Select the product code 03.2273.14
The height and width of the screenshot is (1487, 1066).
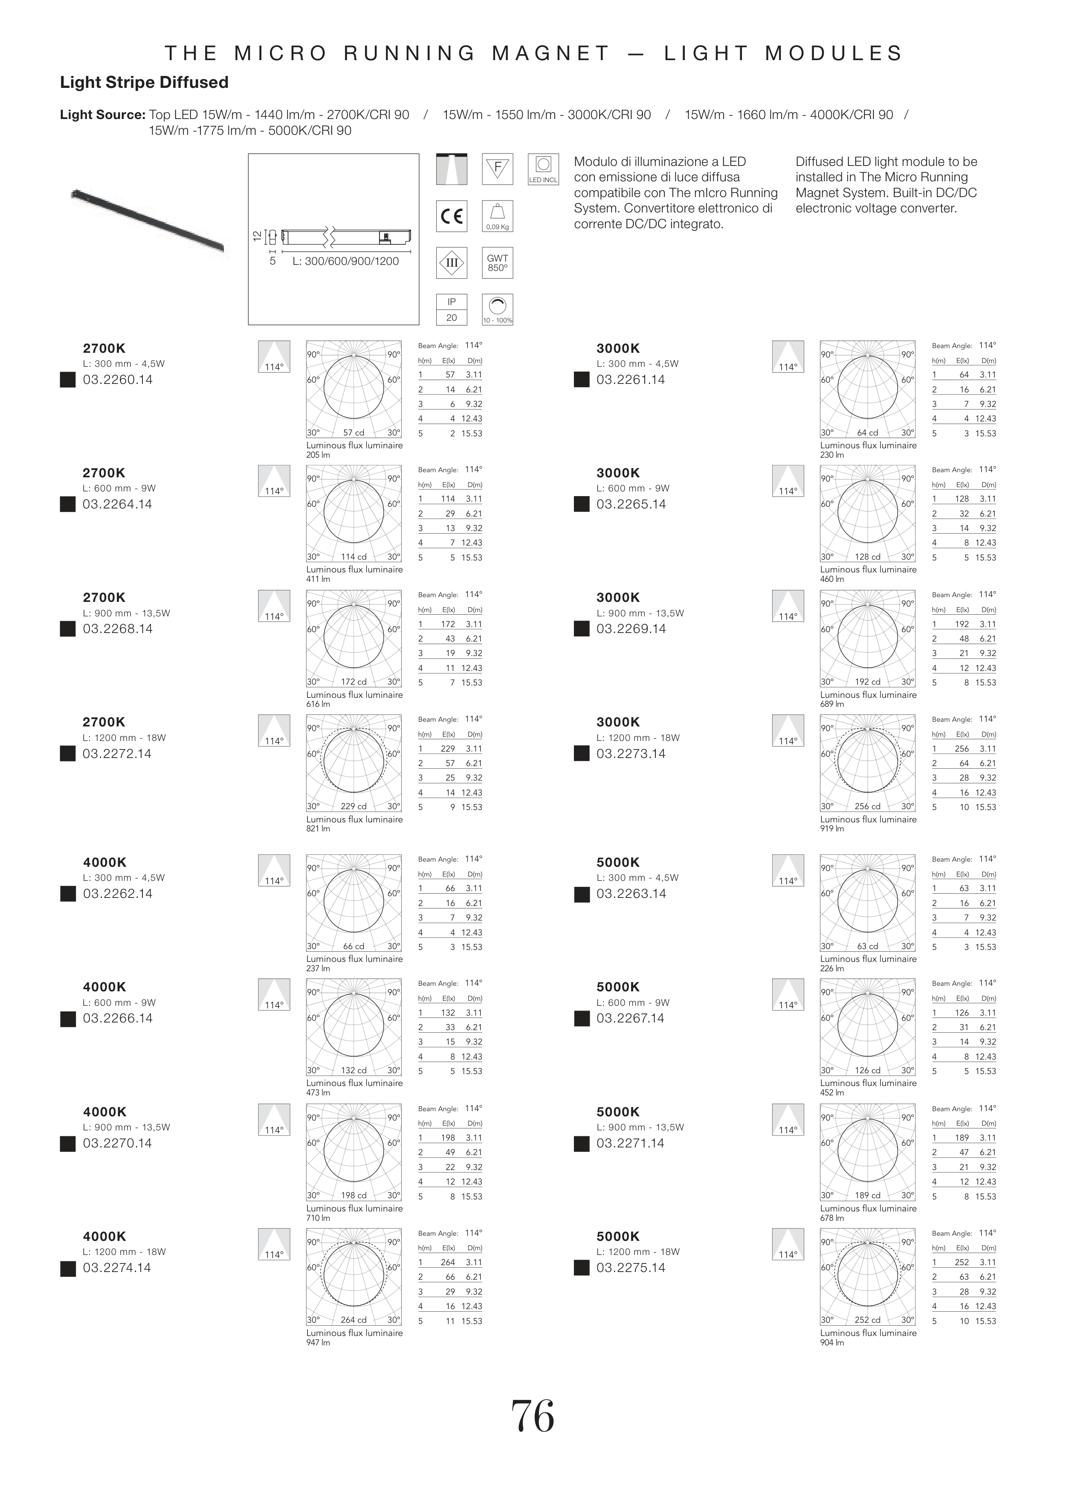tap(631, 753)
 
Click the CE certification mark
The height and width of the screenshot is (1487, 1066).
tap(452, 216)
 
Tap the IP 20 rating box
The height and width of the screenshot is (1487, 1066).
tap(452, 309)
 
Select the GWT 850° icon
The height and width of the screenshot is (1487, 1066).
tap(497, 263)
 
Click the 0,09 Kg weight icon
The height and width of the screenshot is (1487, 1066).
tap(497, 216)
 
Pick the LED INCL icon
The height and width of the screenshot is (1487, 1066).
tap(543, 169)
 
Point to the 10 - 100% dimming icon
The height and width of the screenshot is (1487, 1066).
tap(497, 309)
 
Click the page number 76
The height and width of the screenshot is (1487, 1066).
tap(533, 1417)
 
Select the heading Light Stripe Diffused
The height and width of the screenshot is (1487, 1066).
tap(144, 83)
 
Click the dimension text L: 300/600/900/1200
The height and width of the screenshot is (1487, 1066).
tap(345, 261)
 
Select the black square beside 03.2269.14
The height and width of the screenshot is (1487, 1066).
tap(581, 629)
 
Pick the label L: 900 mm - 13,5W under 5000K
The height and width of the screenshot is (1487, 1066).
tap(640, 1127)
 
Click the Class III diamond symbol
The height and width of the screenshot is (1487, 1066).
tap(452, 263)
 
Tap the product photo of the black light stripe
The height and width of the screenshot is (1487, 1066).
tap(148, 220)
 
